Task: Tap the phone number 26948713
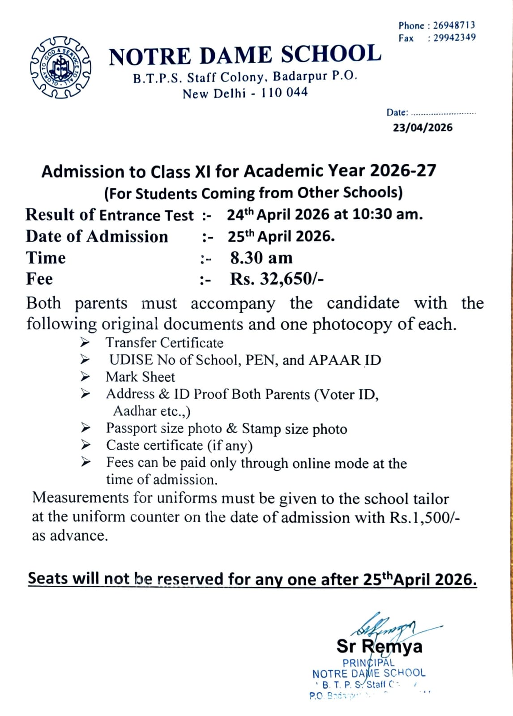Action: (x=454, y=26)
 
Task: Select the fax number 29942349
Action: (x=454, y=38)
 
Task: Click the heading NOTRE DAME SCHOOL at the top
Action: (x=245, y=55)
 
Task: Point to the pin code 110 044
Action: (x=285, y=93)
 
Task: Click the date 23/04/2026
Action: (x=423, y=128)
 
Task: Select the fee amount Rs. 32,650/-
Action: (x=277, y=279)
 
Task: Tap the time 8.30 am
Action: (x=261, y=258)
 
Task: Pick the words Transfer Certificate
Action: (x=164, y=343)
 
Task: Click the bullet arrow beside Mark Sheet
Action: (x=85, y=377)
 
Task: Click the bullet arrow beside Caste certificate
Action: (x=85, y=445)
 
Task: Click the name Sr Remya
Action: (x=379, y=646)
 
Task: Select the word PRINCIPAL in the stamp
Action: (x=368, y=663)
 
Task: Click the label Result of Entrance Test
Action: (x=110, y=215)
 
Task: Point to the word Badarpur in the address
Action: (x=300, y=76)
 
